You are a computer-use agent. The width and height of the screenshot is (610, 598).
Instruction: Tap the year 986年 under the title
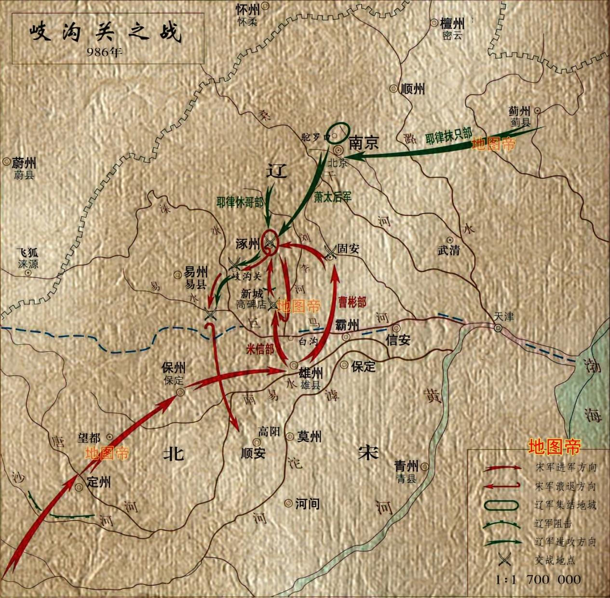pyautogui.click(x=105, y=52)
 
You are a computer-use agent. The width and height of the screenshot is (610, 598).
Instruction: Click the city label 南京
pyautogui.click(x=364, y=143)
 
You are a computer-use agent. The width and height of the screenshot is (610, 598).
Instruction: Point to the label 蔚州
pyautogui.click(x=24, y=163)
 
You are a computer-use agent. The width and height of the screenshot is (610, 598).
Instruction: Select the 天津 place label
pyautogui.click(x=503, y=317)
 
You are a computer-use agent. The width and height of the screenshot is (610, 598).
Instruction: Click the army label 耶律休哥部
pyautogui.click(x=240, y=202)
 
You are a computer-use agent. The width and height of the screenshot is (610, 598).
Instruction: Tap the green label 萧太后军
pyautogui.click(x=333, y=197)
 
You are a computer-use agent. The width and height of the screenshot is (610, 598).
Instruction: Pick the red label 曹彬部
pyautogui.click(x=352, y=302)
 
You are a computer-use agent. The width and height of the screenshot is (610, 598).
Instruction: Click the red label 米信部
pyautogui.click(x=260, y=349)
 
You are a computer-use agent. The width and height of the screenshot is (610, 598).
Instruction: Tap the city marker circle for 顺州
pyautogui.click(x=393, y=89)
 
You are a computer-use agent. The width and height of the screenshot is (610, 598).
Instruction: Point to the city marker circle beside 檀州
pyautogui.click(x=434, y=23)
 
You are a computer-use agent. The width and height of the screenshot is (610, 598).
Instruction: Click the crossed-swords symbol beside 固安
pyautogui.click(x=330, y=251)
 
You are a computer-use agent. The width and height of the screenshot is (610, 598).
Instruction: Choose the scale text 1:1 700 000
pyautogui.click(x=539, y=579)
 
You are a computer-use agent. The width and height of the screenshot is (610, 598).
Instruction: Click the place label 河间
pyautogui.click(x=307, y=504)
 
